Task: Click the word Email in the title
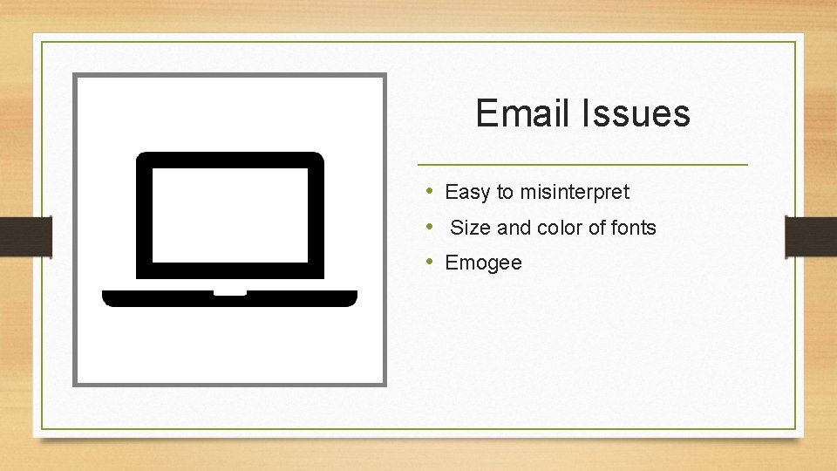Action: pos(520,113)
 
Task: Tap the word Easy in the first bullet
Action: pos(467,192)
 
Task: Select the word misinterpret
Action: pos(575,192)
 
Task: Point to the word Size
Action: pos(470,228)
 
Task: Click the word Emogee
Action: pos(483,263)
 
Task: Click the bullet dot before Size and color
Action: pos(430,227)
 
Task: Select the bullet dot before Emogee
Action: pos(430,262)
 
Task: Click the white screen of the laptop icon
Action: pos(230,215)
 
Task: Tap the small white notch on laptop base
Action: pos(230,292)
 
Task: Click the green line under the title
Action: pos(582,164)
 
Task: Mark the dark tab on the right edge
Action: pos(811,237)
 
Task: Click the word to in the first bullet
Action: pos(505,192)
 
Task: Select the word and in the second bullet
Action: pos(514,228)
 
